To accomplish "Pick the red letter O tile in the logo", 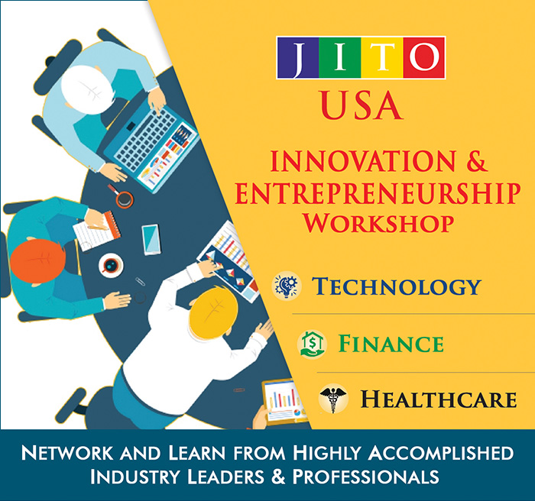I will click(423, 58).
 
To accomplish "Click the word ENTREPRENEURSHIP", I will click(378, 193).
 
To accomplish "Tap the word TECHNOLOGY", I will click(397, 286).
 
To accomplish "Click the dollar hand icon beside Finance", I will click(310, 343).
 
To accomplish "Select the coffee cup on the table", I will click(111, 265).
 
